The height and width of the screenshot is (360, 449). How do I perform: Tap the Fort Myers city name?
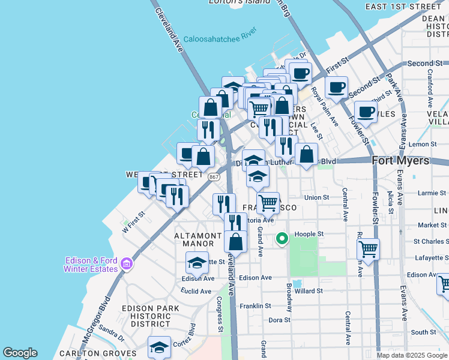[400, 161]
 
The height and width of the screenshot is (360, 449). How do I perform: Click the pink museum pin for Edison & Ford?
[127, 263]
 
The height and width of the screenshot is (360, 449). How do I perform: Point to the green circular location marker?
[282, 239]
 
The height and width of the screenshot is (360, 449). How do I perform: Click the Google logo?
[20, 353]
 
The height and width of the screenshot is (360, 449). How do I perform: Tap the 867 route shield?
[214, 177]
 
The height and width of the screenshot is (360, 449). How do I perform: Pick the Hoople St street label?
[309, 234]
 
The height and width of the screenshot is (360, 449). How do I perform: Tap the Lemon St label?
[422, 145]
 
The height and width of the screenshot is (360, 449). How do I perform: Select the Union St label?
[316, 197]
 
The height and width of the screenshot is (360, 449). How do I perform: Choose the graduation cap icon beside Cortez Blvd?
[159, 347]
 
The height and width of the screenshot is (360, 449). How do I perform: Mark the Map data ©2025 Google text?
[412, 355]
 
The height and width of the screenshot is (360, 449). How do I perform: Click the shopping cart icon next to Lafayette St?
[368, 248]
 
